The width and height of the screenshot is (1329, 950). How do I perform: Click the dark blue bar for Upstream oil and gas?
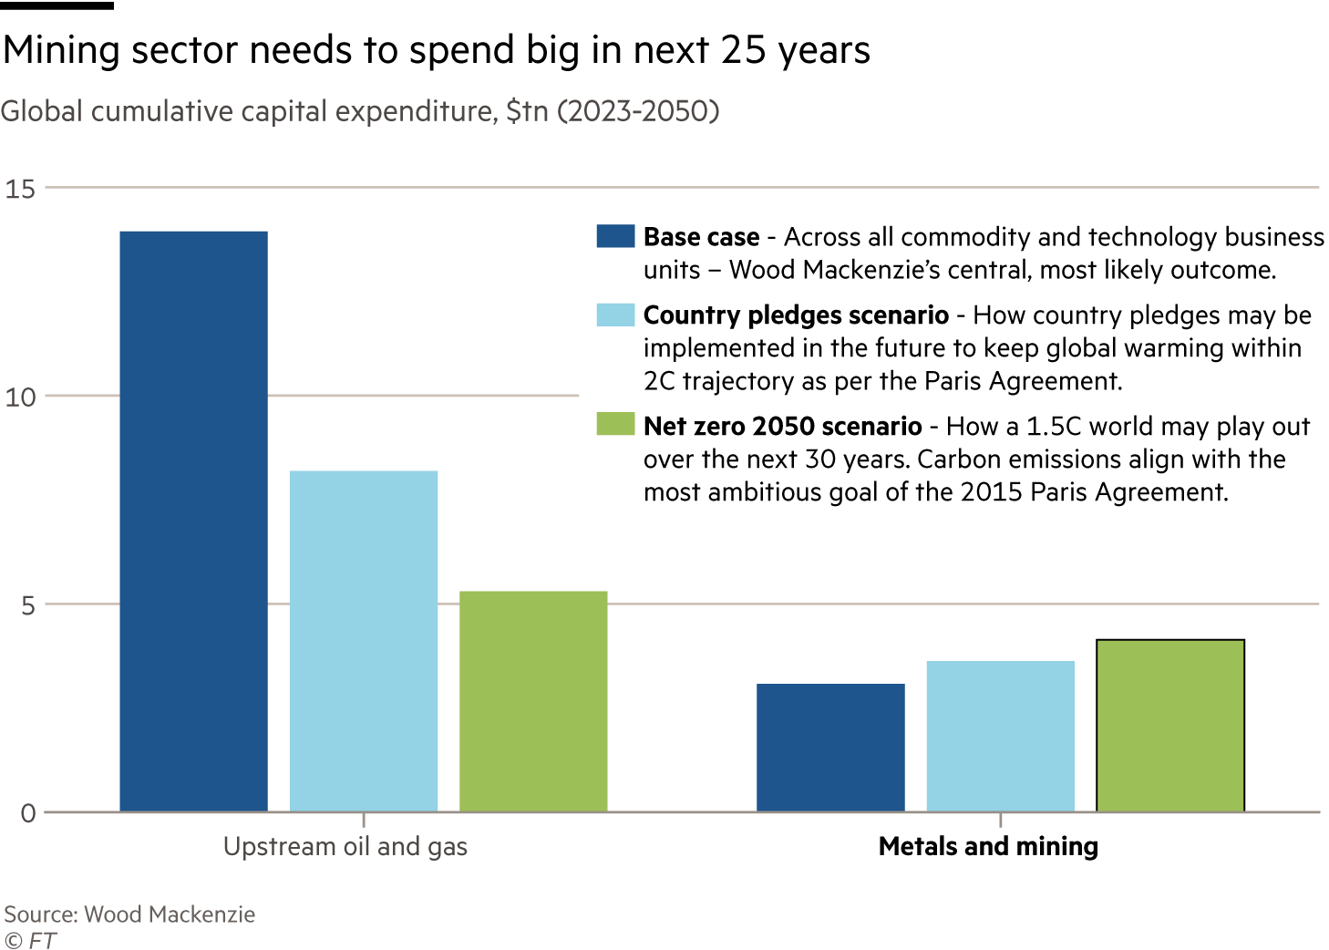193,521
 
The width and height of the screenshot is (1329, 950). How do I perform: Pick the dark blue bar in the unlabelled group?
830,747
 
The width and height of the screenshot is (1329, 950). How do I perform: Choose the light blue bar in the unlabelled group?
1000,736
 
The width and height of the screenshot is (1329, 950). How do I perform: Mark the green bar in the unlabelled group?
1169,726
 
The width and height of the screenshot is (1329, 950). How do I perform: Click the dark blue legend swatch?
615,236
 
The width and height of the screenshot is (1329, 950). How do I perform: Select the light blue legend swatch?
615,315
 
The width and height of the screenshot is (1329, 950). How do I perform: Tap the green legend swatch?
615,424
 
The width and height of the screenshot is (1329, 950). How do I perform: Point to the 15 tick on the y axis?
20,189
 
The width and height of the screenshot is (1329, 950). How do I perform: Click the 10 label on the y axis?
20,397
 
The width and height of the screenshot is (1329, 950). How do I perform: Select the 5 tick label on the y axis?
26,605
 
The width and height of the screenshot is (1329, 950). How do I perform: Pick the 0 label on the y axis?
27,813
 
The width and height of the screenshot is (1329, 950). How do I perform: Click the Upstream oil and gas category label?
345,847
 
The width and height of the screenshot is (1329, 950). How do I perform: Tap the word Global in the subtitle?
42,111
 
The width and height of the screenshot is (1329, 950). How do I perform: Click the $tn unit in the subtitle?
527,111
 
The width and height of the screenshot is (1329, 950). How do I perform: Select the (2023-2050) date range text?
638,111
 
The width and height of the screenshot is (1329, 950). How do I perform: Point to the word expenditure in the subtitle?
413,111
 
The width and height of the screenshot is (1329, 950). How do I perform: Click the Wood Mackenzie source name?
170,914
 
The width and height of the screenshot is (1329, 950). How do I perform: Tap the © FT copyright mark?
29,940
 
